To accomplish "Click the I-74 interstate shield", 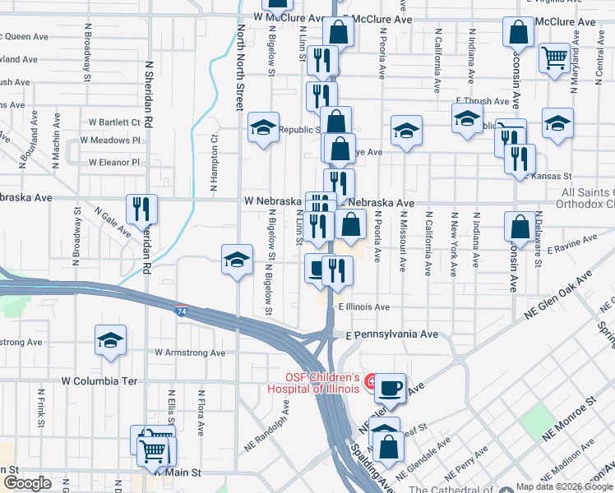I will (x=180, y=311).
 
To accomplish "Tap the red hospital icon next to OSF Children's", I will (x=372, y=382).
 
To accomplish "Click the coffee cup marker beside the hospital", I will (x=392, y=386).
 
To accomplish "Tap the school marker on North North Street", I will (x=236, y=260).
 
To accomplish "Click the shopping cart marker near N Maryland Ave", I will (x=555, y=57).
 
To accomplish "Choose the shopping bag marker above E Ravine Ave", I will (x=520, y=225).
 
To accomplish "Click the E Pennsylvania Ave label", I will (x=392, y=335).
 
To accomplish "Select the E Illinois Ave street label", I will (x=364, y=306).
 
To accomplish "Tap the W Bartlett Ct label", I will (x=114, y=122).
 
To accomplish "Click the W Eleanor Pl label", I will (x=114, y=162).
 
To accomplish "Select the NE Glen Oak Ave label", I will (x=559, y=298).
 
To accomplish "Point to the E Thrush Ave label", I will (x=483, y=101).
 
